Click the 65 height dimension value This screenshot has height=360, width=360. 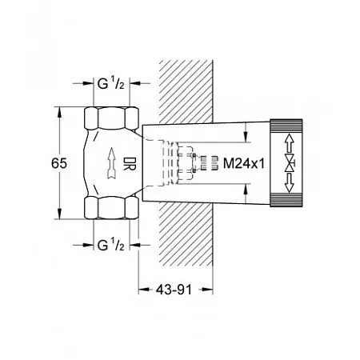point(59,163)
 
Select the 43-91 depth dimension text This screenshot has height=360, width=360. point(174,290)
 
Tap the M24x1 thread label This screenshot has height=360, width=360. point(244,163)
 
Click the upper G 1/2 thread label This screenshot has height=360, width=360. point(111,83)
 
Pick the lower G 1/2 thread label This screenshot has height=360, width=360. point(111,245)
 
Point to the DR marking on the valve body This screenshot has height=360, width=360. point(130,163)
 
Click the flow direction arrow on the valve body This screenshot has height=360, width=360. point(112,163)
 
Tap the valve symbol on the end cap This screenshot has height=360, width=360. point(290,162)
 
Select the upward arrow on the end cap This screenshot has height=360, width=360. point(289,143)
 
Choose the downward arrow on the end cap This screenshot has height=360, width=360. point(289,182)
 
